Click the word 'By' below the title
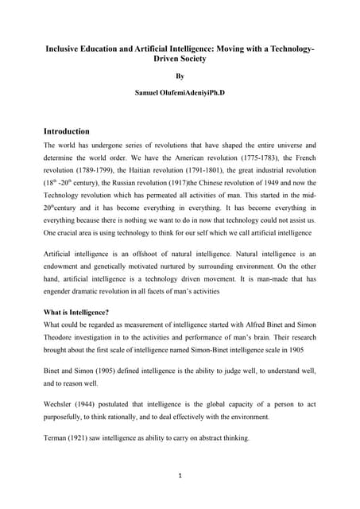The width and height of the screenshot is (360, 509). click(180, 76)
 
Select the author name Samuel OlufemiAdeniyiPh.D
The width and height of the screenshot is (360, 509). click(180, 94)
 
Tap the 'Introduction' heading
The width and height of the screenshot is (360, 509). click(67, 130)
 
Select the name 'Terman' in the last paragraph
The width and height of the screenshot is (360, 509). click(58, 438)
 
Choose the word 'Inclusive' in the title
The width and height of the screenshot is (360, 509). click(65, 49)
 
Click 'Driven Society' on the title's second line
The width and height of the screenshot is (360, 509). click(180, 60)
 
